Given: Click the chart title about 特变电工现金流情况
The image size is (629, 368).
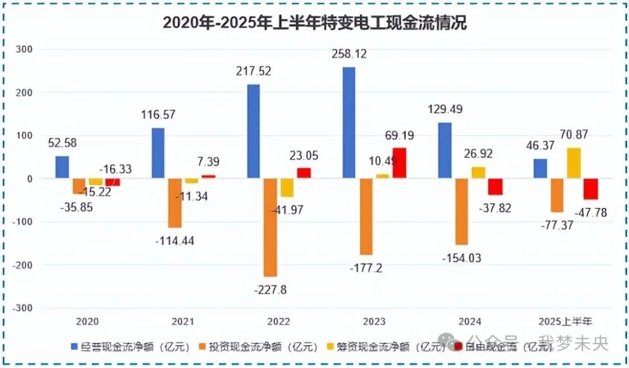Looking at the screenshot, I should (x=314, y=23).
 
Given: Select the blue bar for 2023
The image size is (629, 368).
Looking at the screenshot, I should (x=349, y=122).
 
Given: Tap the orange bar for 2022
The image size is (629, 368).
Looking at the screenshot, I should (x=270, y=227).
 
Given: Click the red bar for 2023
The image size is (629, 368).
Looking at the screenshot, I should (x=399, y=163).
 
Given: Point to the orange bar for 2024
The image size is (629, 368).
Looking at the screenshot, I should (x=461, y=211).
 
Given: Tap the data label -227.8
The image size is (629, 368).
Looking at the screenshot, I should (x=270, y=289).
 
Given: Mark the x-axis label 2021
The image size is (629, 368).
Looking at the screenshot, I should (x=182, y=321).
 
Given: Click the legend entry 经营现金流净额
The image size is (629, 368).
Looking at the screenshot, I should (x=136, y=348).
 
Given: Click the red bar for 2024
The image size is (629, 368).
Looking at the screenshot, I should (x=495, y=187).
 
